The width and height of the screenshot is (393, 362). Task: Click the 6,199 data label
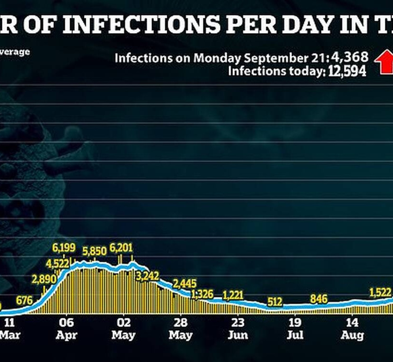pos(65,248)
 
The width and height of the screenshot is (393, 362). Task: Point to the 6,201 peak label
pos(121,248)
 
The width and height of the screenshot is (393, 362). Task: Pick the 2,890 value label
pos(45,280)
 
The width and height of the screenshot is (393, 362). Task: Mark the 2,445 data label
pos(184,283)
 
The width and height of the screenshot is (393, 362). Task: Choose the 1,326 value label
pos(202,293)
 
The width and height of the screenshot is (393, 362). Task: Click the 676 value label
pos(24,301)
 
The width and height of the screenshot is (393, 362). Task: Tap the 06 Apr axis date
pos(66,328)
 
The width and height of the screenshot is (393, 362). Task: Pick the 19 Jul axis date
pos(295,328)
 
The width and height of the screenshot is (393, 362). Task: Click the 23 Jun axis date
pos(238,328)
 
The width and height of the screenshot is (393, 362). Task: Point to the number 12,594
pos(347,71)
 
